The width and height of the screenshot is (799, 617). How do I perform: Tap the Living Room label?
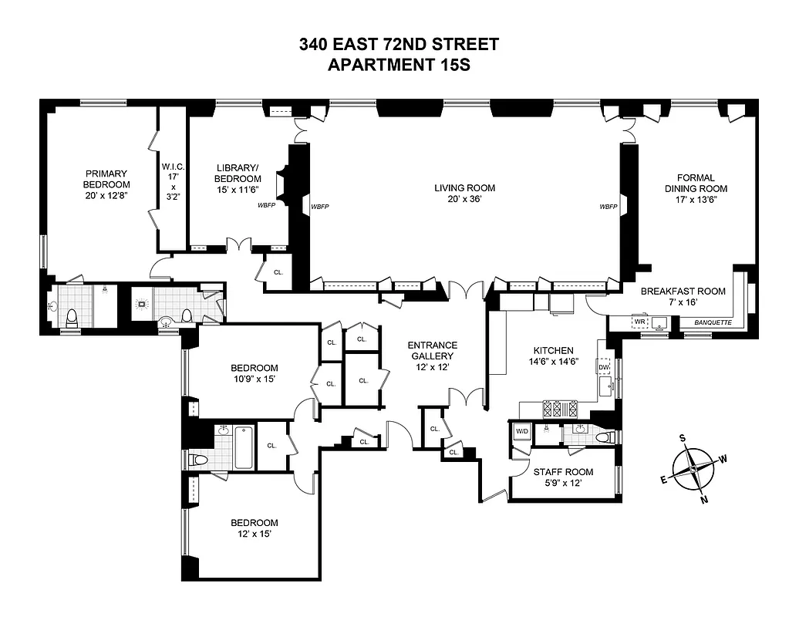point(464,187)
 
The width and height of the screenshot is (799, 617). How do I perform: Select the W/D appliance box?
point(522,431)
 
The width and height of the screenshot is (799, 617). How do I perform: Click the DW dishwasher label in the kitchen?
point(604,367)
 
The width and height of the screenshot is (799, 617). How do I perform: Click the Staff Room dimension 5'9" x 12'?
point(563,484)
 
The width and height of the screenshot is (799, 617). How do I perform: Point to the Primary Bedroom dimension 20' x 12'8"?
point(106,196)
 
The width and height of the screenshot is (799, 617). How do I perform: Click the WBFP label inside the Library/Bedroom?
point(267,206)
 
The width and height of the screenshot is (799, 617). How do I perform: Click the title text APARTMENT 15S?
point(399,65)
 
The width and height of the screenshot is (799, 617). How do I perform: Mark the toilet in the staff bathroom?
point(604,437)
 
